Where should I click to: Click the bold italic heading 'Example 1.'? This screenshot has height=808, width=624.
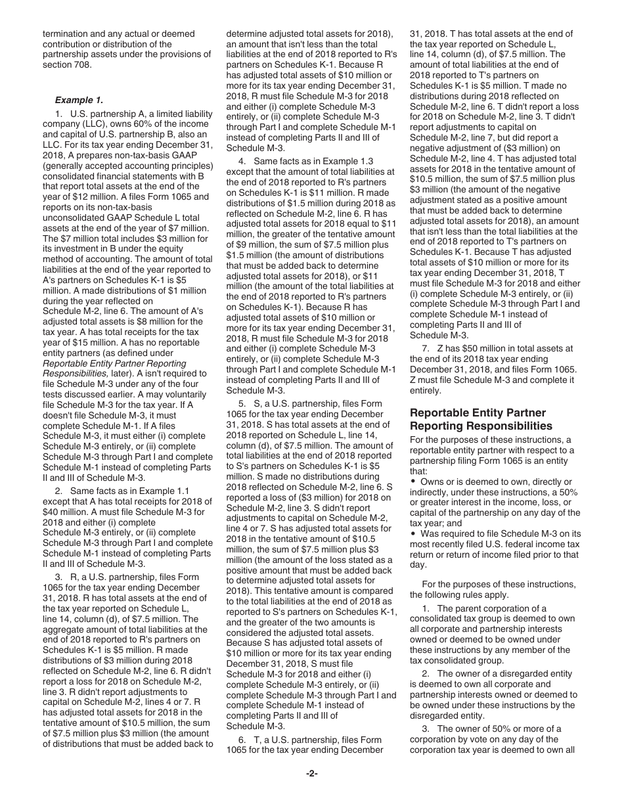pos(79,101)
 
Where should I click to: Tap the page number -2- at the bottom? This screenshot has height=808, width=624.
pos(312,773)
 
